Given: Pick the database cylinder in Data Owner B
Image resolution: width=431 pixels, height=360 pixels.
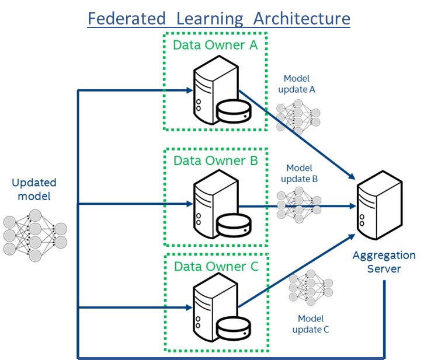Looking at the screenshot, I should (x=232, y=224).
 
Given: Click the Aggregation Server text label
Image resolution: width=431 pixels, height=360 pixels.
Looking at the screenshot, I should (x=384, y=261).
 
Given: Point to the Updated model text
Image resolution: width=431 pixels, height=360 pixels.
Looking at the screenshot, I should (x=31, y=190).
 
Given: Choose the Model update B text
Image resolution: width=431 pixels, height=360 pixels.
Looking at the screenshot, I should (x=299, y=173).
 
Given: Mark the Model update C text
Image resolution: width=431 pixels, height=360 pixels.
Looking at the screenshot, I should (x=310, y=324).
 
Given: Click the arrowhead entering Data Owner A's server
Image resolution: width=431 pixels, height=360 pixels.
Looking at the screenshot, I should (x=189, y=90).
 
